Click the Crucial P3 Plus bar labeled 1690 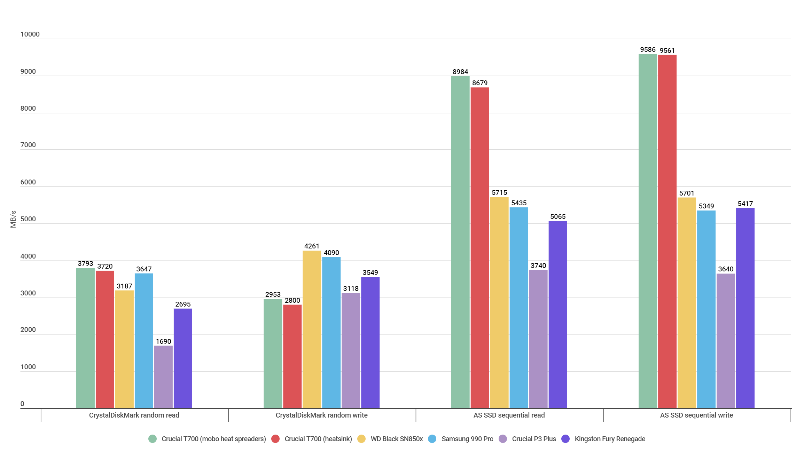(x=163, y=377)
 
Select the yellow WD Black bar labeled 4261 (x=312, y=329)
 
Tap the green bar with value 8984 (x=460, y=242)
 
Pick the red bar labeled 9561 (x=667, y=231)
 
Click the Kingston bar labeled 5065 (x=557, y=315)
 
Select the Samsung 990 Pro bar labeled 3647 (x=144, y=341)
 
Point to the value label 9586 (x=648, y=49)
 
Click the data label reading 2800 (x=292, y=300)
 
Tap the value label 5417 (x=745, y=204)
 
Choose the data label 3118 (x=351, y=288)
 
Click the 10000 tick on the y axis (x=30, y=34)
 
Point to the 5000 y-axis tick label (x=28, y=219)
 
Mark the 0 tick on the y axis (x=22, y=404)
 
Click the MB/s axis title (x=13, y=219)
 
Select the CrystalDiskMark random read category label (x=134, y=415)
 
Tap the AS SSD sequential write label (x=696, y=415)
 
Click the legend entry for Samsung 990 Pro (x=467, y=439)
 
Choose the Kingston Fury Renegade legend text (x=609, y=439)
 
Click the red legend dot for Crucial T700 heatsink (x=275, y=439)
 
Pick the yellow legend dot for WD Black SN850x (x=361, y=439)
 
